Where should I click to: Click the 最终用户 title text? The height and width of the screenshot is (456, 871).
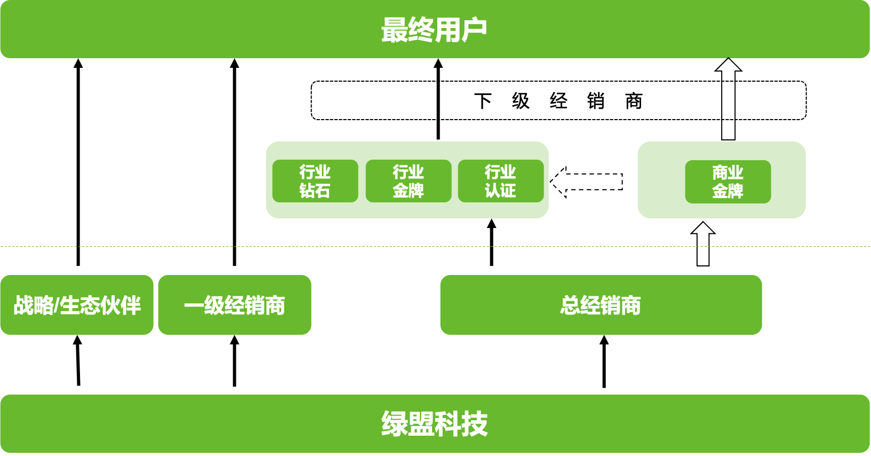point(434,30)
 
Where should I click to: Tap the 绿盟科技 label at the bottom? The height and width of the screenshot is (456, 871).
point(434,424)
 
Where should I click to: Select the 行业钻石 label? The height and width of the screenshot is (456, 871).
point(315,181)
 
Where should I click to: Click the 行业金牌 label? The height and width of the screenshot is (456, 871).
point(408,181)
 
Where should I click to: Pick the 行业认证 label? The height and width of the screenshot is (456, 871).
point(500,181)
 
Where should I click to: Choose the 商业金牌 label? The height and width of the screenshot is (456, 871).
point(728,182)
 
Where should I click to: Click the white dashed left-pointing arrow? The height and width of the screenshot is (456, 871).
point(589,182)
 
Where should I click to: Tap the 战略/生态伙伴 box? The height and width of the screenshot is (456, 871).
point(77,305)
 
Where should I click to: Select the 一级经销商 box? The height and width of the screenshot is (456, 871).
point(235,305)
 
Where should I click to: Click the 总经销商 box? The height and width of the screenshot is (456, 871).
point(601,305)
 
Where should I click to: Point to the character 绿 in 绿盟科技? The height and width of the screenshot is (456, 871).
point(394,424)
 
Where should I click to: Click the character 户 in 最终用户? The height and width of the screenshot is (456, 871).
point(474,30)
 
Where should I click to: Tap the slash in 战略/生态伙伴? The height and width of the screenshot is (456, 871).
point(57,305)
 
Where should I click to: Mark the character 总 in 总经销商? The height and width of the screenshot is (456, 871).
point(570,305)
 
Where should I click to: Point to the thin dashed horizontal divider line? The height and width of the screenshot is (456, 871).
point(160,246)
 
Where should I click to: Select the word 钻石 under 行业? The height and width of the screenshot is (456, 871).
point(315,191)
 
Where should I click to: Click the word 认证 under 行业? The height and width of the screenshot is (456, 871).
point(500,191)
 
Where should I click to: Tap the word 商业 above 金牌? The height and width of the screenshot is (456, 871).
point(728,172)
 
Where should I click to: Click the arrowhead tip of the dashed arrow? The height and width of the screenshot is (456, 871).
point(553,182)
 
